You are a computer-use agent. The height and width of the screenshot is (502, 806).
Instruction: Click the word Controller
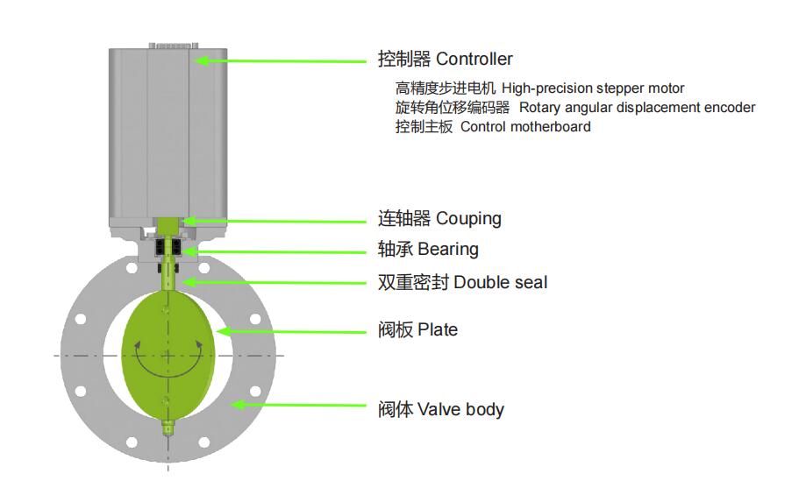coord(474,60)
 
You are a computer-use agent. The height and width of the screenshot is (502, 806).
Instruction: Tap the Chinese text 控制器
coord(404,60)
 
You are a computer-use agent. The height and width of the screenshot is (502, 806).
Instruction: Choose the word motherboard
coord(544,127)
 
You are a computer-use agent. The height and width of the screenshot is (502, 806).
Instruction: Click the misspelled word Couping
coord(468,218)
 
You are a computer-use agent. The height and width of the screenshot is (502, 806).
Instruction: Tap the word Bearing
coord(448,250)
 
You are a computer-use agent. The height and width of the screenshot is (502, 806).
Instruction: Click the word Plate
coord(438,330)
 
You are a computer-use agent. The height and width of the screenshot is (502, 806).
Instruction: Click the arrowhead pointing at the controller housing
coord(200,60)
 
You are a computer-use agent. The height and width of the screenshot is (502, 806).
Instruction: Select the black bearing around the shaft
coord(168,250)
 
